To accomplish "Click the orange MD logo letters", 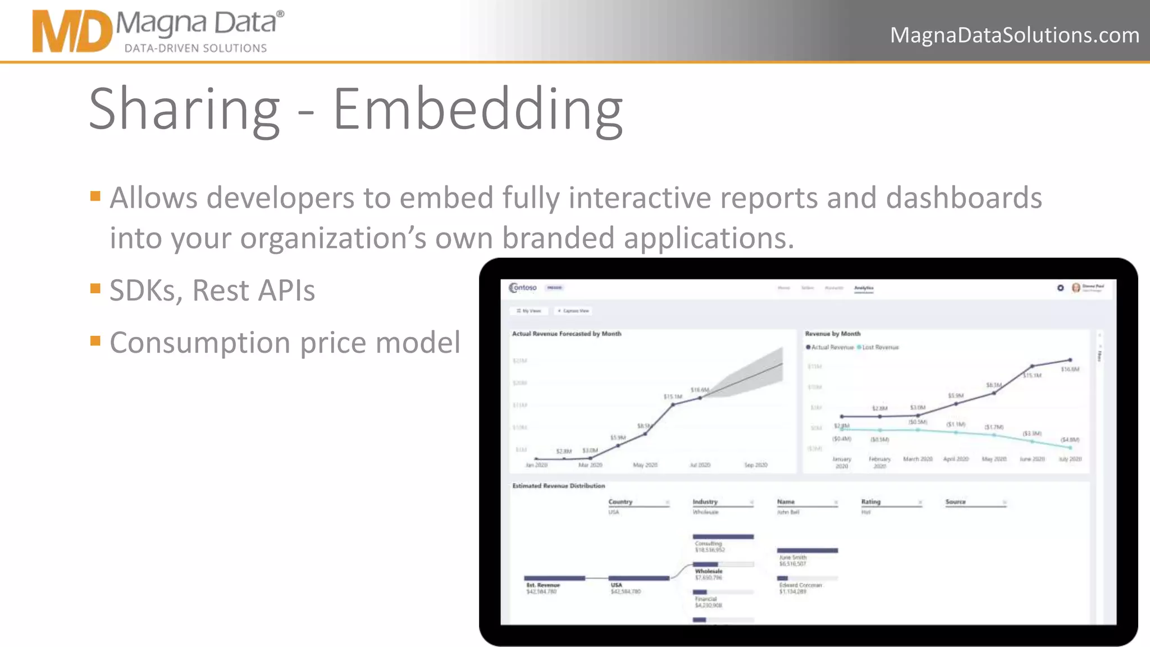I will click(72, 32).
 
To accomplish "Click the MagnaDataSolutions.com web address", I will click(1014, 35).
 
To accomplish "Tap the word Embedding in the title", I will click(478, 110).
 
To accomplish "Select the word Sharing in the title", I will click(184, 110).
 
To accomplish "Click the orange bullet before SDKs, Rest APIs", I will click(95, 289).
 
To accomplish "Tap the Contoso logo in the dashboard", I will click(523, 288).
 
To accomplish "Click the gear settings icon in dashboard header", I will click(1060, 288).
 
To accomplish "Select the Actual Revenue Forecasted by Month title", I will click(566, 334).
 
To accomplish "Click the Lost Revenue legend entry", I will click(879, 347).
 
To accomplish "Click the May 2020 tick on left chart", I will click(645, 465).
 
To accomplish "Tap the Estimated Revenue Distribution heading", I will click(558, 486).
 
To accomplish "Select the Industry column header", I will click(705, 502).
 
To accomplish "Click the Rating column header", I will click(870, 502).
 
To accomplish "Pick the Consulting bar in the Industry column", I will click(723, 537).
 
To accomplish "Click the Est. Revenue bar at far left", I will click(554, 578).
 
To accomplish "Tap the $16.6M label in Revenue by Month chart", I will click(1070, 369).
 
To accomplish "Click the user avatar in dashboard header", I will click(1076, 288).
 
